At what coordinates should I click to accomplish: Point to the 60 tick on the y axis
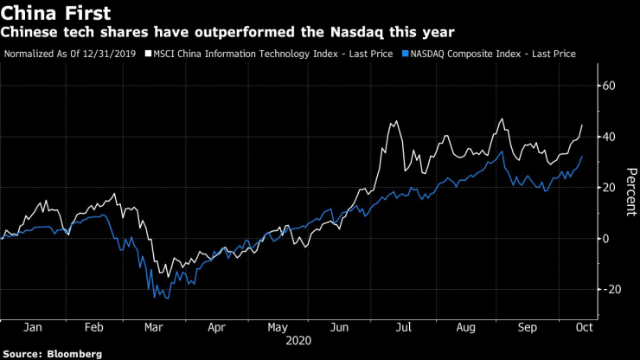609,86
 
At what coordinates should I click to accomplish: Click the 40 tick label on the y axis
609,137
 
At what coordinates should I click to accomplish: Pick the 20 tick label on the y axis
609,188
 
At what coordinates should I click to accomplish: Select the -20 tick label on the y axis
611,289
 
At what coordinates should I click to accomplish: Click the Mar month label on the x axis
154,329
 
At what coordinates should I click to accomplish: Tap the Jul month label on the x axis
402,329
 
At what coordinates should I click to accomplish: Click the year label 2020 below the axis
298,341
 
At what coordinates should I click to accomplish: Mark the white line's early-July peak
394,122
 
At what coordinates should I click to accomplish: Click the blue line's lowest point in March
155,298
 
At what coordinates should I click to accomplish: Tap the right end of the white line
582,125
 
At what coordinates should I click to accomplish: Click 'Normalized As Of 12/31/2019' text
72,54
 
